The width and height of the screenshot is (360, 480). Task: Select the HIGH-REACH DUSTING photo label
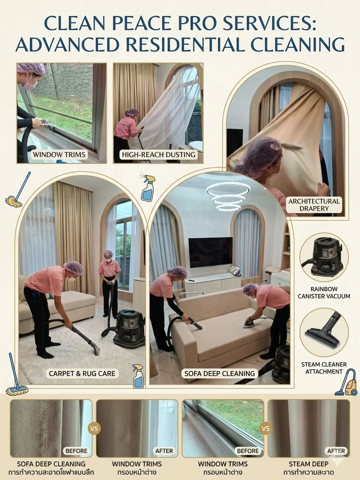click(159, 155)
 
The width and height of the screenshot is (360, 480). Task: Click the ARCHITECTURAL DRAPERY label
click(314, 205)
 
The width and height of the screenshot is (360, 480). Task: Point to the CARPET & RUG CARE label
click(82, 374)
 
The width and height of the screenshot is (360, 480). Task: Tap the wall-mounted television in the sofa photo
click(210, 252)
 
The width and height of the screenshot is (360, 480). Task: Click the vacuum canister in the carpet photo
click(129, 328)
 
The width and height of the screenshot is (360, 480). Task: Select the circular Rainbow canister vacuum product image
click(323, 257)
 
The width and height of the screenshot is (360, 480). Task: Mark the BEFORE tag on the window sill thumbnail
click(247, 451)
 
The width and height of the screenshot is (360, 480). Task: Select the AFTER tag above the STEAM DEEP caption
click(336, 451)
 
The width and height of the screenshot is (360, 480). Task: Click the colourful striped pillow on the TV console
click(235, 271)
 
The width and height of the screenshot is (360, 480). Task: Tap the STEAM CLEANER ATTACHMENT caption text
click(324, 368)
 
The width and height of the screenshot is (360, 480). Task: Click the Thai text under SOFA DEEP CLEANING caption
click(51, 472)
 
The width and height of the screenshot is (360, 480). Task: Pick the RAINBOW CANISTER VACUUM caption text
click(324, 293)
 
